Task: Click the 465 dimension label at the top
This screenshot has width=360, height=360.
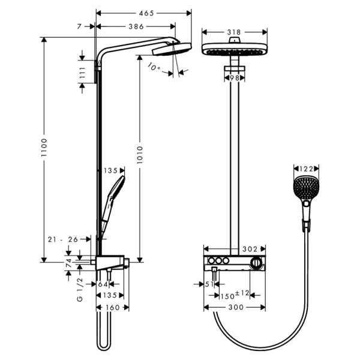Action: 146,13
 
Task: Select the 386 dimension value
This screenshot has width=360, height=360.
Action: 136,26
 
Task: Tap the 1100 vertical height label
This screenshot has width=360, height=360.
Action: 44,148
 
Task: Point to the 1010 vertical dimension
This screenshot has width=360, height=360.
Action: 140,155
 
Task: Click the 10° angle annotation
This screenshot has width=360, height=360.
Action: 154,67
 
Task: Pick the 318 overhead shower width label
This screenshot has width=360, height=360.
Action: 234,32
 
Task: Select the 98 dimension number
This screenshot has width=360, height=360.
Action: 234,78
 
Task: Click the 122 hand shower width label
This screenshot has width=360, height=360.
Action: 306,169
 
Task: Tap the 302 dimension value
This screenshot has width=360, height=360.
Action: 250,249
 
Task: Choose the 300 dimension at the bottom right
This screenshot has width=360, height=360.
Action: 236,307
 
